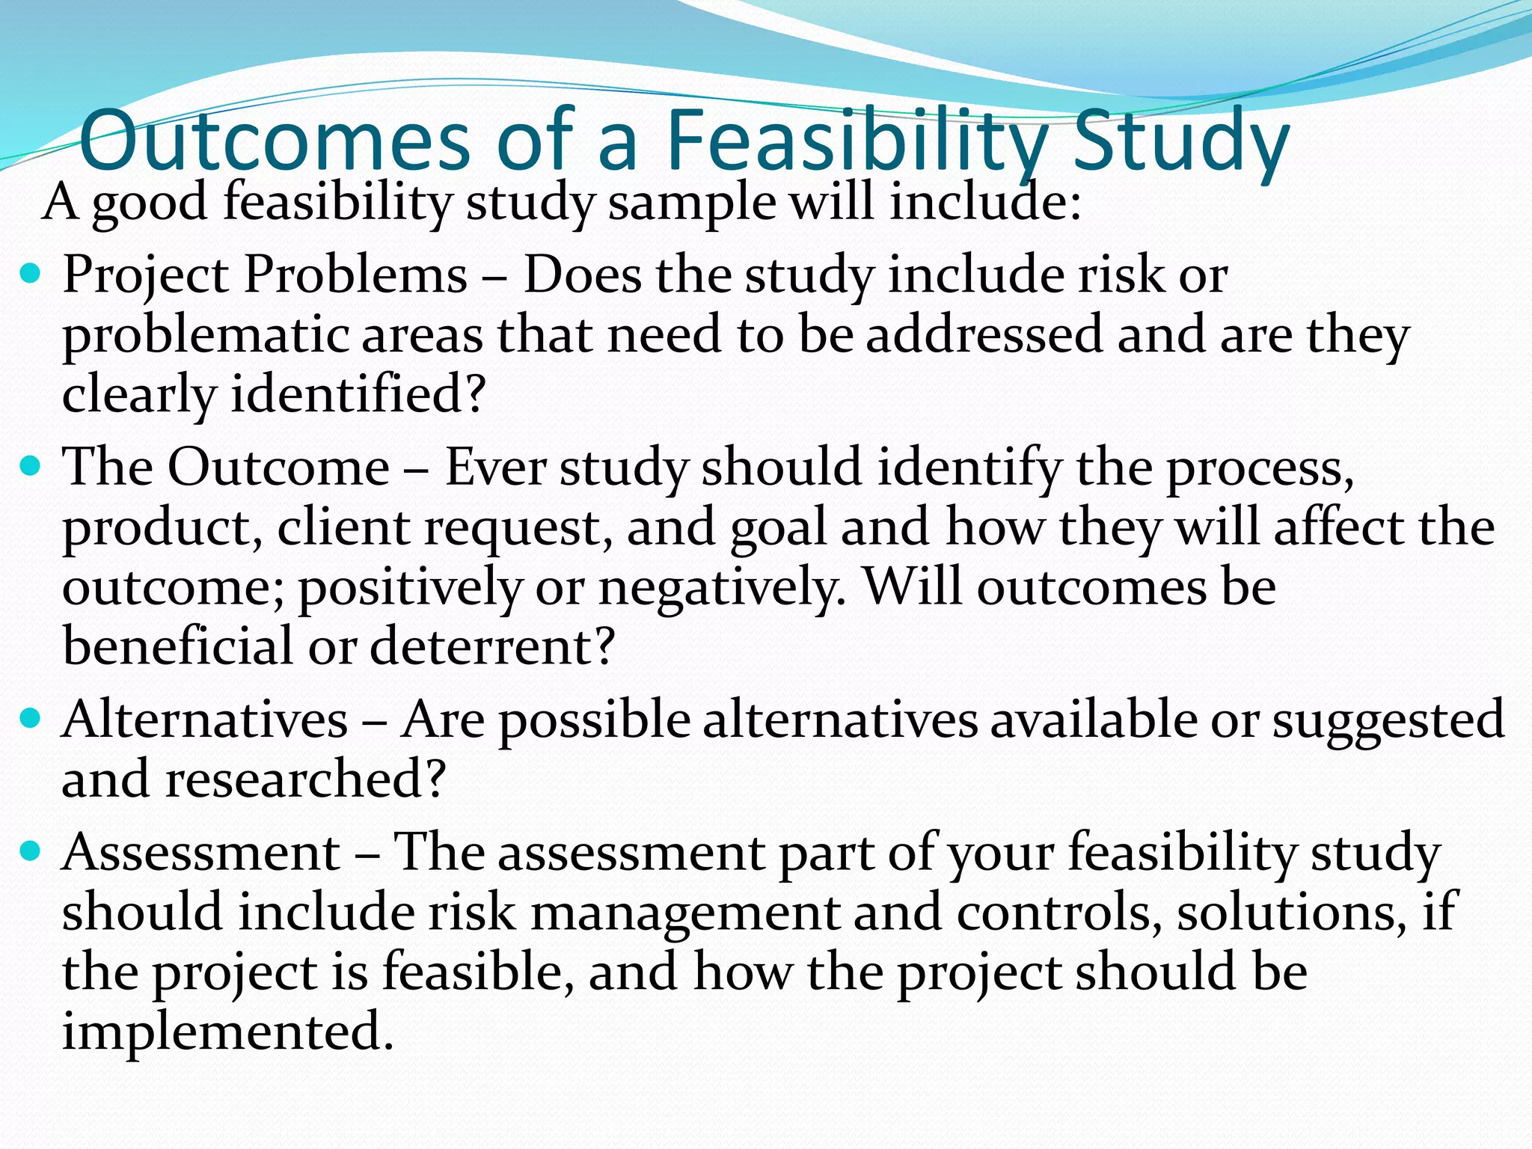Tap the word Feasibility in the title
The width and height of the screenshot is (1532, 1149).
(857, 141)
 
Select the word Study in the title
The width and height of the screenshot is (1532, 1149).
(1180, 141)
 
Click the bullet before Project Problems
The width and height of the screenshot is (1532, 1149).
(31, 275)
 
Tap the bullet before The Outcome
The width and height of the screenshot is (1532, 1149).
(31, 468)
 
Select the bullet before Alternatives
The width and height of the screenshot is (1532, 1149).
(31, 720)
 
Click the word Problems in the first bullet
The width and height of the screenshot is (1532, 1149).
(355, 275)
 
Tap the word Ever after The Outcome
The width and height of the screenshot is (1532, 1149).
(494, 468)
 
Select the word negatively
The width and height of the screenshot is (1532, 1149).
(722, 587)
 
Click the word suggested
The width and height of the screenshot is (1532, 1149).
(1388, 720)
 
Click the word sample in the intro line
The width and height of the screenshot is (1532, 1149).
(692, 203)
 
